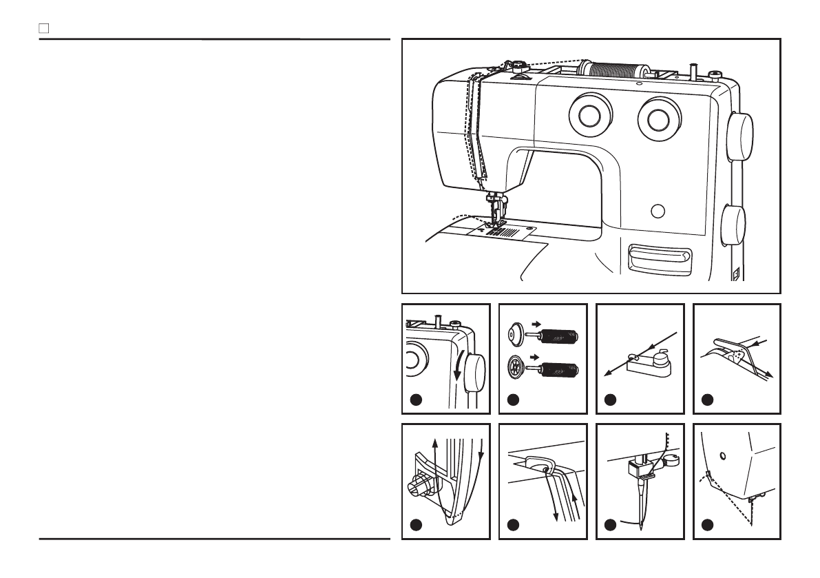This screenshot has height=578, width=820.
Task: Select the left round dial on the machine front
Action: (x=590, y=116)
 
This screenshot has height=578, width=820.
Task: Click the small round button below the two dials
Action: (x=658, y=210)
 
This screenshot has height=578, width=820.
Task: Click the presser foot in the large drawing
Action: (x=494, y=218)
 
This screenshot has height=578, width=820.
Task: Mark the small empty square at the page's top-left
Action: (x=43, y=29)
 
